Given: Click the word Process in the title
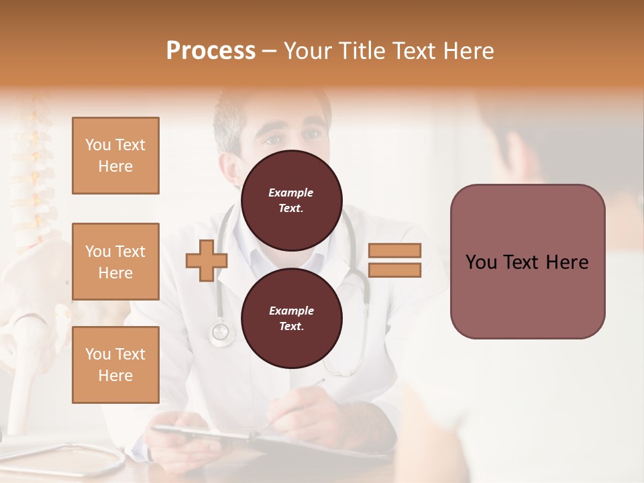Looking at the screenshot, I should [211, 50].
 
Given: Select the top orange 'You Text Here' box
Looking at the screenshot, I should [115, 156].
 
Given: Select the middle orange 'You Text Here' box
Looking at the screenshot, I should [115, 262].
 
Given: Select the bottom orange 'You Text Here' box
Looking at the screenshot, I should [115, 364].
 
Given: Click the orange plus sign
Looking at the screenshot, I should [207, 260].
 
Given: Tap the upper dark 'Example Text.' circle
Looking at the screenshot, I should [291, 200].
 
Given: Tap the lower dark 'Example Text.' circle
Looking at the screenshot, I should [291, 318].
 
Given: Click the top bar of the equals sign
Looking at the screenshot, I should [394, 250].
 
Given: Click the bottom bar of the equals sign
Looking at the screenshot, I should [394, 270].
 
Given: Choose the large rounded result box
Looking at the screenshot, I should [527, 261].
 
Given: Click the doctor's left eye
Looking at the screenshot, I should [311, 134].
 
